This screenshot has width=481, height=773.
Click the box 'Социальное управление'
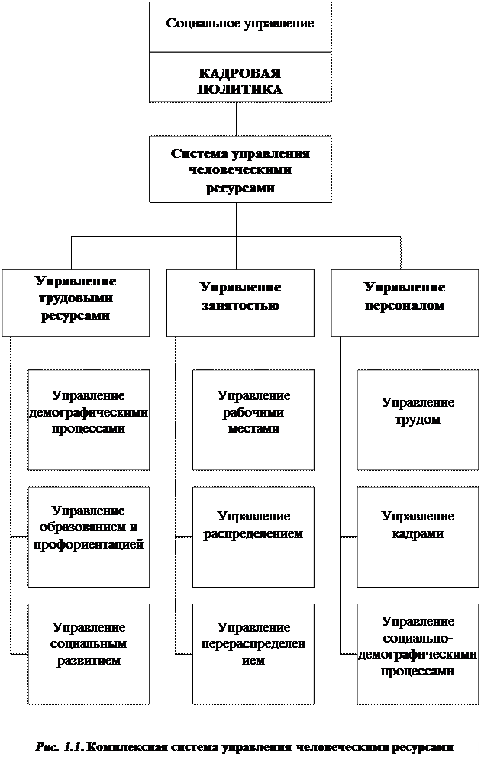pos(240,27)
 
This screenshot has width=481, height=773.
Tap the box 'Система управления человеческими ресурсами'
pos(240,169)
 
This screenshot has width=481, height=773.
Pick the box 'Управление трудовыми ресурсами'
pos(76,302)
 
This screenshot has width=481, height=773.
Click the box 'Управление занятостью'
pos(240,302)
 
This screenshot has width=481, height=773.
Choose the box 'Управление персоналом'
pos(405,302)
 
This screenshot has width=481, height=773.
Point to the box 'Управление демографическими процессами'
pos(89,420)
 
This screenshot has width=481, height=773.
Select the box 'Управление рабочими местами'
pos(253,420)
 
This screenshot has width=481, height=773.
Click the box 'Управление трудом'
pos(418,420)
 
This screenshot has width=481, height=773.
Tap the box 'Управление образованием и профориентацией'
pos(89,536)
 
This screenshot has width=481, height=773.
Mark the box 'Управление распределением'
pos(253,536)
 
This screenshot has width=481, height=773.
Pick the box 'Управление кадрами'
pos(418,536)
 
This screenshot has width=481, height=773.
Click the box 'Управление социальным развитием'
pos(89,653)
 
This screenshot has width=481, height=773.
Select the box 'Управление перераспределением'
pos(253,653)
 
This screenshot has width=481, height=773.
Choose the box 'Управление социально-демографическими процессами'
pos(418,653)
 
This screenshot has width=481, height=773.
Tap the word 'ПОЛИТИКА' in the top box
pos(240,89)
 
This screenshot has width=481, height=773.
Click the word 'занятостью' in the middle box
pos(240,305)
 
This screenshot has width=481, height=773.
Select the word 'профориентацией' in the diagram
pos(89,545)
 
